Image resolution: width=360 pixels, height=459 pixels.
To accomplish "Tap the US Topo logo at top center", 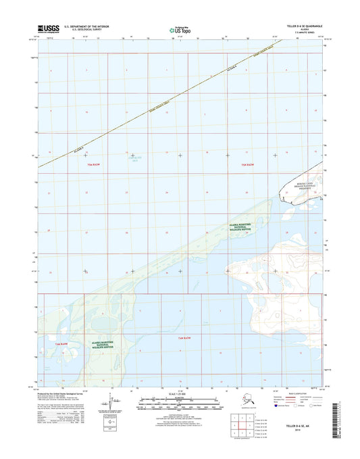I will click(x=180, y=30).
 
